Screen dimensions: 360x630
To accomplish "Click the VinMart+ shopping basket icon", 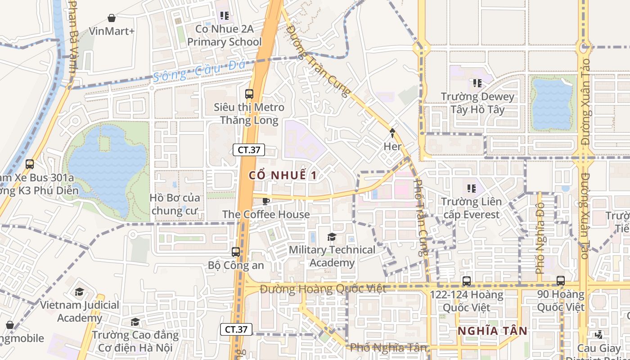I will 112,18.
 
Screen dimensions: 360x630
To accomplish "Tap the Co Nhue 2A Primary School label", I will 224,36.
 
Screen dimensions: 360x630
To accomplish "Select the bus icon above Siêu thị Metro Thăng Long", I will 249,94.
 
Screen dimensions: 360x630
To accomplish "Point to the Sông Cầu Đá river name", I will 199,71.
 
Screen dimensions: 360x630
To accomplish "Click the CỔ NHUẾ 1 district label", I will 283,175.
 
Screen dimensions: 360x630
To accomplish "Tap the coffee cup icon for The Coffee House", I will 266,201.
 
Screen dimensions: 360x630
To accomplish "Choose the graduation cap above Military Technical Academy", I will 332,237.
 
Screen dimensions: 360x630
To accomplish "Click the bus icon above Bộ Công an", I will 236,252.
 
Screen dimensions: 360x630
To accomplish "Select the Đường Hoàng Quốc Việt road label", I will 323,288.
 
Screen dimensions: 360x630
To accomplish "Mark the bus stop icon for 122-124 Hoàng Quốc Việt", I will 467,281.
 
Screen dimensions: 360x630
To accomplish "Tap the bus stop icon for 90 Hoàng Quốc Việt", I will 560,280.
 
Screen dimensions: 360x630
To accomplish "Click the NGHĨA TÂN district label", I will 492,331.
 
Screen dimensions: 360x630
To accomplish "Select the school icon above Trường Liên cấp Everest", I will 471,188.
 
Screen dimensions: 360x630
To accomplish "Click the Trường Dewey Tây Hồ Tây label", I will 477,103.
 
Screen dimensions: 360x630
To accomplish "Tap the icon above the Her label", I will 392,133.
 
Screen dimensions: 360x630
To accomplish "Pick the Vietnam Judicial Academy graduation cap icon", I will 80,292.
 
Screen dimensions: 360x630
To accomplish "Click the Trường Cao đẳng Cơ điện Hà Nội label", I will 135,341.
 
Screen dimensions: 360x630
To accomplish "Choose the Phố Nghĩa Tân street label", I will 388,347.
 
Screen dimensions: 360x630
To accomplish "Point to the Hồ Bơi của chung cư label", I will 175,204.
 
